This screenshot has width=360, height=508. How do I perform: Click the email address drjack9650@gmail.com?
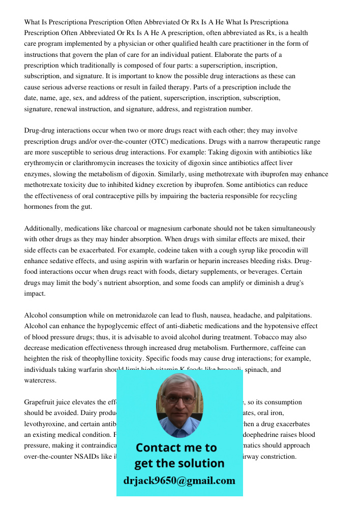pos(179,480)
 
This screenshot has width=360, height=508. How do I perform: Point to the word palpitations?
pos(299,315)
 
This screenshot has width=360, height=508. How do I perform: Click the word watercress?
pos(41,380)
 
